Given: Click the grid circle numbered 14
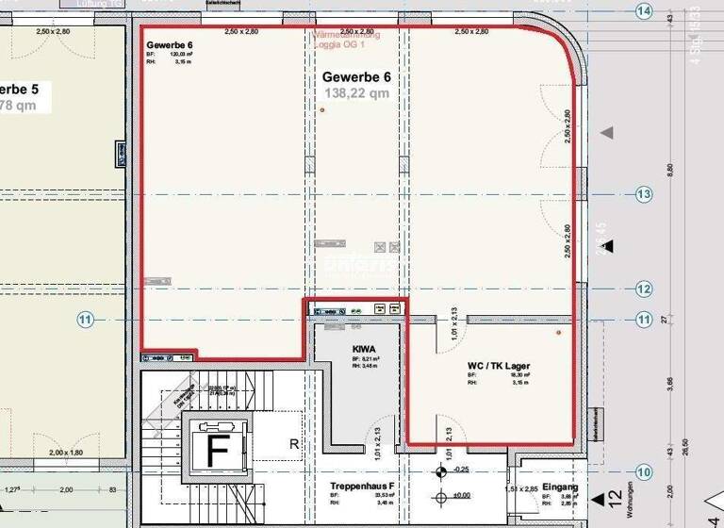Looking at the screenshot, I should [x=644, y=11].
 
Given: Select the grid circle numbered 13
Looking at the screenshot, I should [x=644, y=194].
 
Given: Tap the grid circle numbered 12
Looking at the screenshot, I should [x=644, y=289].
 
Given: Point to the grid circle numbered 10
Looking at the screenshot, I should [x=644, y=471].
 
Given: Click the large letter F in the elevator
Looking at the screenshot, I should [x=218, y=452].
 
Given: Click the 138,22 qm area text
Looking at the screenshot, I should [x=355, y=93].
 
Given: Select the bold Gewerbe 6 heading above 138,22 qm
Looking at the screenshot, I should [x=355, y=76].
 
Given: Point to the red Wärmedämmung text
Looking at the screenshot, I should [x=346, y=35].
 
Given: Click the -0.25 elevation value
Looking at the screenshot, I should [x=461, y=469].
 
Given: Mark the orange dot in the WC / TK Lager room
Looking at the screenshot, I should [x=559, y=332].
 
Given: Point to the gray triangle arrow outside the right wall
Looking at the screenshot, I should [x=608, y=133].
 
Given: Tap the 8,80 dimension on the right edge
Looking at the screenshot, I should [x=670, y=169].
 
